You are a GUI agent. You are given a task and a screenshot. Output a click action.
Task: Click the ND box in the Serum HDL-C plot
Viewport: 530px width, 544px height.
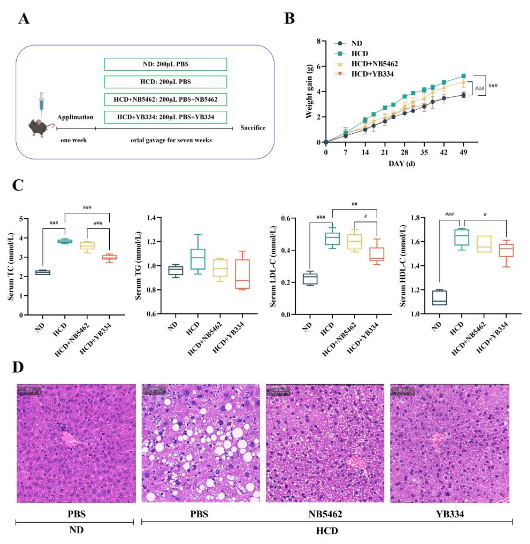(x=439, y=298)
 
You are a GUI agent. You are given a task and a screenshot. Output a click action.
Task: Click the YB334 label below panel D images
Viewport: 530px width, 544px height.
(x=449, y=506)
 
